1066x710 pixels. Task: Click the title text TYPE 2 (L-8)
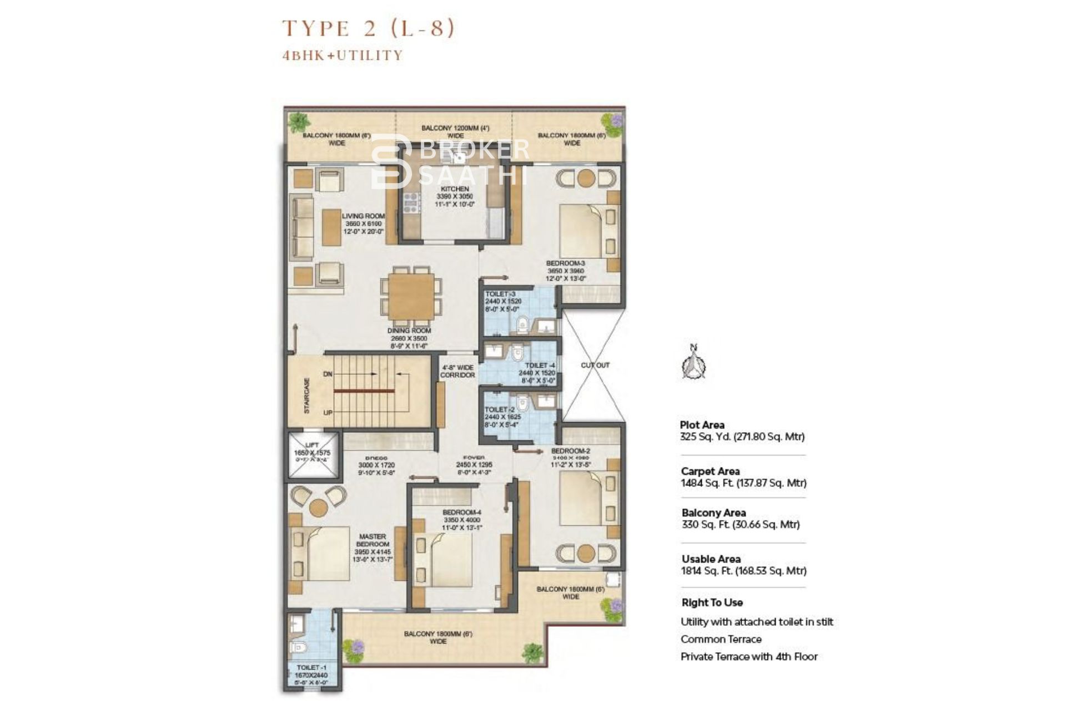coord(368,28)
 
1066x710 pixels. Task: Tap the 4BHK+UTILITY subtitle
coord(342,55)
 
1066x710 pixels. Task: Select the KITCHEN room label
coord(455,189)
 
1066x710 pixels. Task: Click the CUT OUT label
coord(595,365)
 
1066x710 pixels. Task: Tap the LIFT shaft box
coord(312,454)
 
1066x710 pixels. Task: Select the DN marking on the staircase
coord(328,374)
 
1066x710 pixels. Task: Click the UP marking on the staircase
coord(328,413)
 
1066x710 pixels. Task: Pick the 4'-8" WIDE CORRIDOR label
coord(457,371)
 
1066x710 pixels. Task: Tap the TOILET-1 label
coord(308,668)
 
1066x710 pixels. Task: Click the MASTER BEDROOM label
coord(373,540)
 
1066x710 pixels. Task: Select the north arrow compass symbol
coord(693,362)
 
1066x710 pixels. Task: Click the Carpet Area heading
coord(710,471)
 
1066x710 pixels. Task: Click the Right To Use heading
coord(712,602)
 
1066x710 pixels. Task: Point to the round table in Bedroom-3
coord(586,178)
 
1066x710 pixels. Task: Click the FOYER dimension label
coord(474,465)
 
